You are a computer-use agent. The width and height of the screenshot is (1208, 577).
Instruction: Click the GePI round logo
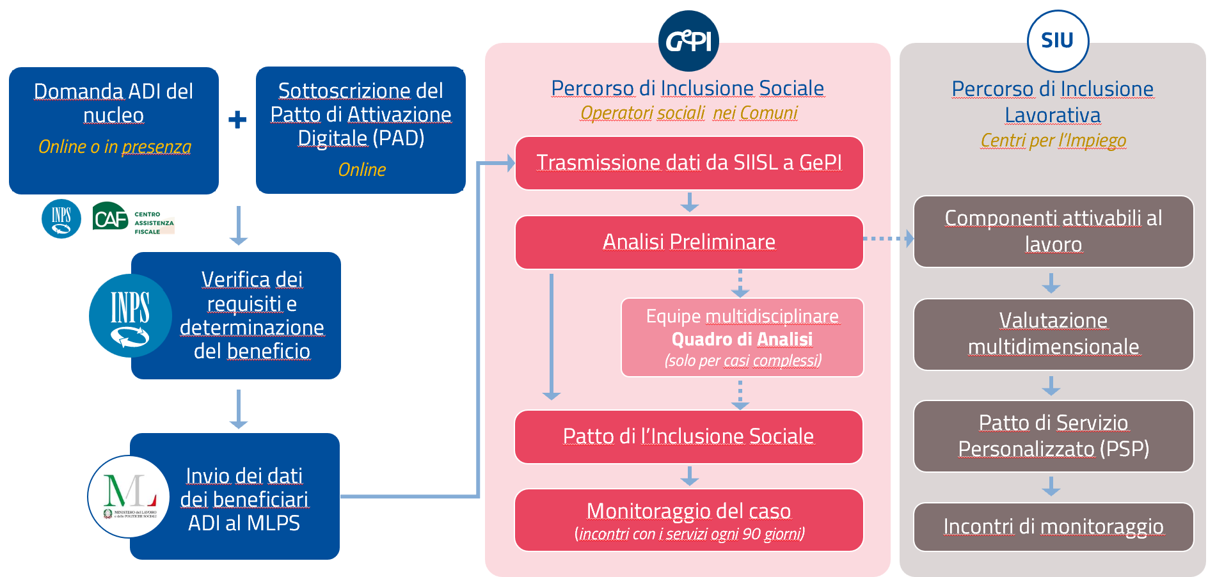click(x=688, y=41)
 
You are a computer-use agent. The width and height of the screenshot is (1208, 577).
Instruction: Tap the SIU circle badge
click(x=1058, y=41)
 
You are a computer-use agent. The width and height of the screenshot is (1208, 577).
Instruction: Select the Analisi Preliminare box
click(x=689, y=242)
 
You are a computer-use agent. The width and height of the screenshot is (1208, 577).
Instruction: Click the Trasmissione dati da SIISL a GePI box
click(x=689, y=163)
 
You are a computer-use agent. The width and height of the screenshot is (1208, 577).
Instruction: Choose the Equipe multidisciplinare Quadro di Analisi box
click(x=742, y=338)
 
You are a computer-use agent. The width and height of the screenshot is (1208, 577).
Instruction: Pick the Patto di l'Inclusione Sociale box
click(x=688, y=436)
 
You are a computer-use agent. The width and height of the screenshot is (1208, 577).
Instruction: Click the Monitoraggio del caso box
click(x=688, y=520)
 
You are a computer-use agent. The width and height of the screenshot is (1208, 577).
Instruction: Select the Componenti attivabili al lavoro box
click(x=1053, y=232)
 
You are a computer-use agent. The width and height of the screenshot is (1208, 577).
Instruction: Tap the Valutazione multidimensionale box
click(x=1053, y=334)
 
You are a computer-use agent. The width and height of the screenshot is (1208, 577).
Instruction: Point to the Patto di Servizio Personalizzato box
click(x=1053, y=436)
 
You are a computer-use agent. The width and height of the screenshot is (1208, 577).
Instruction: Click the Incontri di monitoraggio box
click(x=1053, y=526)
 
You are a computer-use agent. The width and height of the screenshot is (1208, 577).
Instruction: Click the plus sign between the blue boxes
click(x=237, y=120)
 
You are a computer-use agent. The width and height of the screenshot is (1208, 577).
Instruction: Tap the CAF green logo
click(x=111, y=218)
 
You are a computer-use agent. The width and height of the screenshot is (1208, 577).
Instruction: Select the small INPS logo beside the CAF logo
click(x=61, y=219)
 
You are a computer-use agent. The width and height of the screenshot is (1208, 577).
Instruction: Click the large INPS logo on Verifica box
click(x=131, y=315)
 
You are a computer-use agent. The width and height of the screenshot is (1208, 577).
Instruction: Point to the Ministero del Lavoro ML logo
click(x=129, y=496)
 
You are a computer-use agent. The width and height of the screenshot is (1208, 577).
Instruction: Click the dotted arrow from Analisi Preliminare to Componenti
click(x=888, y=239)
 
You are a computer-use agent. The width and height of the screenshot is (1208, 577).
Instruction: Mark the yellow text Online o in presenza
click(x=115, y=147)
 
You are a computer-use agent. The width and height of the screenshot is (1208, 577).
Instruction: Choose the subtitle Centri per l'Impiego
click(x=1053, y=140)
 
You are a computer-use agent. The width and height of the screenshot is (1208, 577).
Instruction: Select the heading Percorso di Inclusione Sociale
click(x=688, y=88)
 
